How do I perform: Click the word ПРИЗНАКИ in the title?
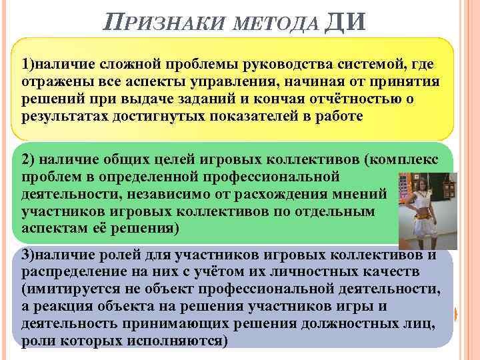click(x=165, y=24)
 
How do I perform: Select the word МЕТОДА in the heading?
click(x=273, y=25)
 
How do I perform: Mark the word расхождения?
click(x=293, y=195)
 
